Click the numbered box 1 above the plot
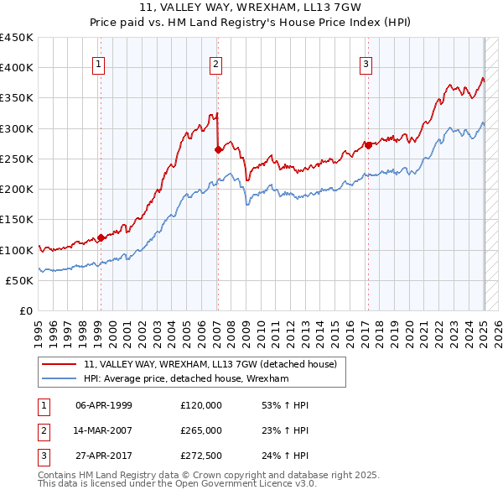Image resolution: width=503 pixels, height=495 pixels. point(99,63)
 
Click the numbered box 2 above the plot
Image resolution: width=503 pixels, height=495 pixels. point(215,63)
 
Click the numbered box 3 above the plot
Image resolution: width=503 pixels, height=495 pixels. point(366,63)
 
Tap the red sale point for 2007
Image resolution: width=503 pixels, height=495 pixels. point(218,149)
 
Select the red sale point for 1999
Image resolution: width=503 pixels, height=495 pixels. point(101,237)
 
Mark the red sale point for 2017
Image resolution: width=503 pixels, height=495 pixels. point(368,144)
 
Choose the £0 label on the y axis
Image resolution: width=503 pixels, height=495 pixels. point(26,311)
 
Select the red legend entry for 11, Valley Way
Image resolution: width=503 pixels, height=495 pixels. point(210,364)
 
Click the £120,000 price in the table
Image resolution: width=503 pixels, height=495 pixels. point(201,405)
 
